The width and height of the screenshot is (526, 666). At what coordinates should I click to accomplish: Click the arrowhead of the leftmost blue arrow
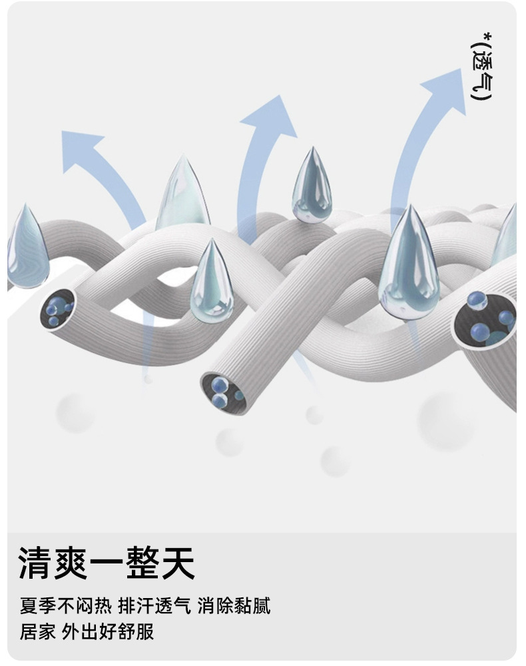[81, 145]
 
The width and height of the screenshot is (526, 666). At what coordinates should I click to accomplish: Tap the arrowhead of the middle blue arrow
[270, 119]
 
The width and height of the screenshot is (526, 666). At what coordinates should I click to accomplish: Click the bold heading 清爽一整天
[107, 563]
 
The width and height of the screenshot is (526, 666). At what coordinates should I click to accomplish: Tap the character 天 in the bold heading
[178, 563]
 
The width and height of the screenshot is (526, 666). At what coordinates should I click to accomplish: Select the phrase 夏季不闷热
[65, 607]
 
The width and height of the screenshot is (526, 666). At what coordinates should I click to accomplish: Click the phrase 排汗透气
[154, 607]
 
